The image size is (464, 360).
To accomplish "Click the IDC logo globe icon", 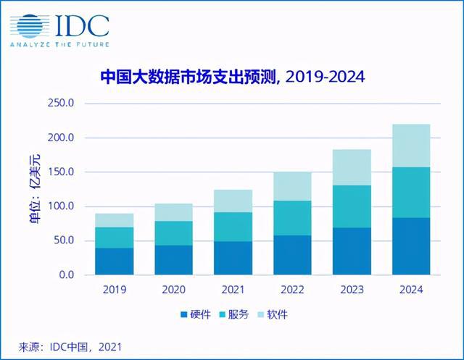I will tap(28, 25).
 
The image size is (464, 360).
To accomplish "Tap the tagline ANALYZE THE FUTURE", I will tap(59, 44).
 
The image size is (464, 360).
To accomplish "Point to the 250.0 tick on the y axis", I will tap(61, 104).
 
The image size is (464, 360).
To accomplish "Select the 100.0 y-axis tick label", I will tap(61, 206).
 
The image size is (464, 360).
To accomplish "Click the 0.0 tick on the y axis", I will tap(66, 275).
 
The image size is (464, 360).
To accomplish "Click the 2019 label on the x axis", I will tap(115, 289).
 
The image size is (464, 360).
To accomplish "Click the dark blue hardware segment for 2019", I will tap(115, 261).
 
